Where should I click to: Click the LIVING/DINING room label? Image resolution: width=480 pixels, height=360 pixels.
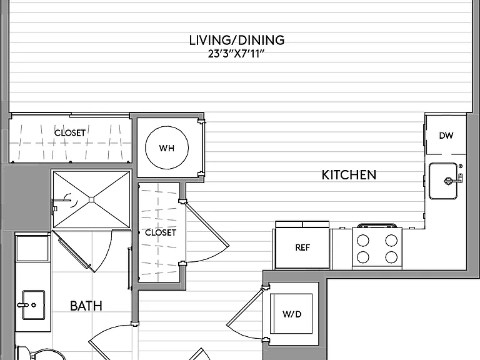[237, 40]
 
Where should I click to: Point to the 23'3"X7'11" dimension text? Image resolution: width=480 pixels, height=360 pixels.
[236, 54]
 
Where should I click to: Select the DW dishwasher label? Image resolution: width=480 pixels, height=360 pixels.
[446, 136]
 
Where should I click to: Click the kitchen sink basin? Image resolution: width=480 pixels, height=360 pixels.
[443, 181]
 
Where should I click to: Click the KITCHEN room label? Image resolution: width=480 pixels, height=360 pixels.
[349, 175]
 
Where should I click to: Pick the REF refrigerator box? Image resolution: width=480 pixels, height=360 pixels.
[302, 247]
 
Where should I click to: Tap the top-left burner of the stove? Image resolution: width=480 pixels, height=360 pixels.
[363, 240]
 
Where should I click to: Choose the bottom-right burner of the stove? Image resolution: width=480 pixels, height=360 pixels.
[391, 257]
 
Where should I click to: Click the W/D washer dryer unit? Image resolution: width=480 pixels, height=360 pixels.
[291, 314]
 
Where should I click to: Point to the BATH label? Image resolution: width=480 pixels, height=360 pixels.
[86, 306]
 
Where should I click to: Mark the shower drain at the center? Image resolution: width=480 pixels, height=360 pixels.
[91, 199]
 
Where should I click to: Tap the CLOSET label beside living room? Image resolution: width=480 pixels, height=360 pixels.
[70, 133]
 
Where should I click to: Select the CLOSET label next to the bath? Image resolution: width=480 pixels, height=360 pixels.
[161, 232]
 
